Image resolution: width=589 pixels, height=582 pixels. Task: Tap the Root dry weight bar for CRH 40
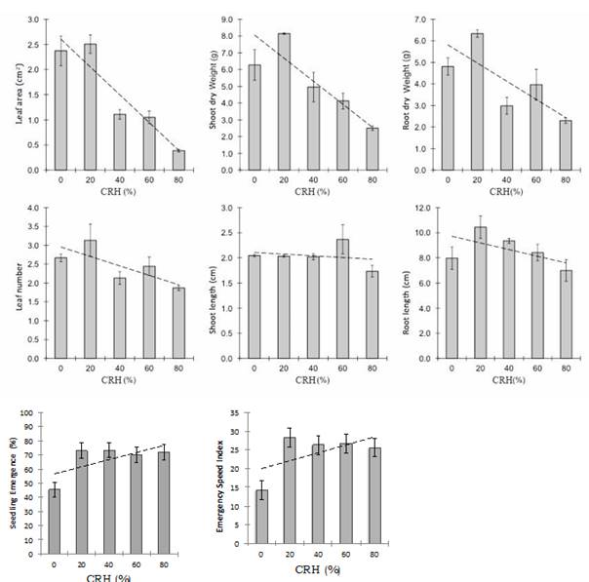480,137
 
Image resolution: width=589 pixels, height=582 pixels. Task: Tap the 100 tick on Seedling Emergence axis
29,413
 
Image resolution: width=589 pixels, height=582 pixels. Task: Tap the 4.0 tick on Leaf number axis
34,209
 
